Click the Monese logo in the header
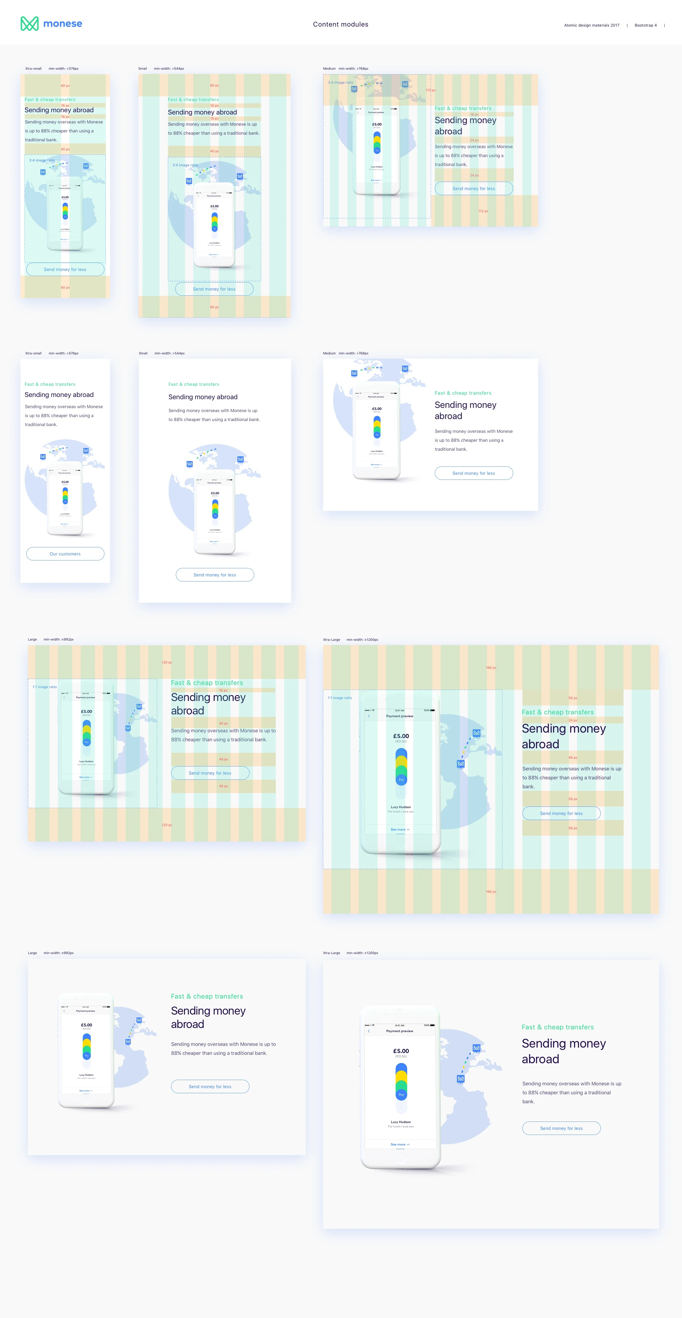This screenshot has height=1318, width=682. coord(51,24)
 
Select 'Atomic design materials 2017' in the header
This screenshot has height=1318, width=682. coord(592,25)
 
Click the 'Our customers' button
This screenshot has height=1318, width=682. coord(65,554)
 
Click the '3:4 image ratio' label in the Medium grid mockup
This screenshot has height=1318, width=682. coord(340,82)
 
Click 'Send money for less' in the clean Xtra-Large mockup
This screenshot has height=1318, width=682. coord(561,1128)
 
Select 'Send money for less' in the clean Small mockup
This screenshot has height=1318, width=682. coord(215,574)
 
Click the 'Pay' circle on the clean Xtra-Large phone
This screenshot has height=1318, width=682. coord(401,1094)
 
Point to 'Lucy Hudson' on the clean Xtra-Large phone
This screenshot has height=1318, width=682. coord(401,1121)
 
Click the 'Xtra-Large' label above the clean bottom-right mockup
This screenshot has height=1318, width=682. coord(331,953)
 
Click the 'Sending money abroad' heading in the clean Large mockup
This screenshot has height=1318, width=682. coord(208,1017)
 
